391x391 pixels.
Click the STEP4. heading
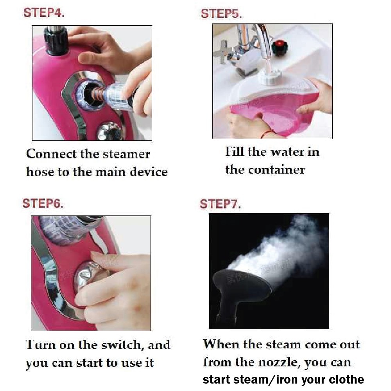(44, 13)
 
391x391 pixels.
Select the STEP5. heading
(221, 14)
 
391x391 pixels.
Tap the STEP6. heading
(43, 203)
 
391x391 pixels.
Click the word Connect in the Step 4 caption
(52, 154)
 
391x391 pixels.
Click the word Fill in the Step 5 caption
(234, 151)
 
